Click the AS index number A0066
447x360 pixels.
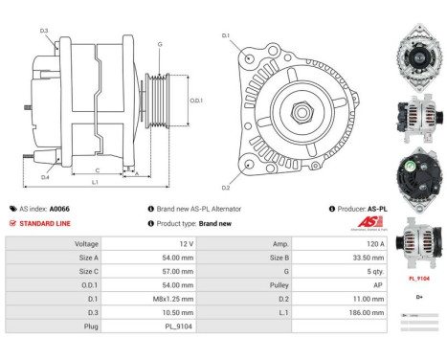[59, 208]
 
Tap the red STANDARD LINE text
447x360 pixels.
[47, 222]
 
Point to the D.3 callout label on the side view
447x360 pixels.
[44, 32]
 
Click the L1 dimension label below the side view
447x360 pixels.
[95, 182]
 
